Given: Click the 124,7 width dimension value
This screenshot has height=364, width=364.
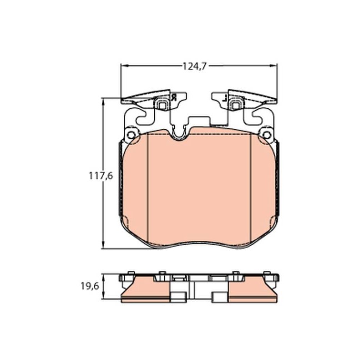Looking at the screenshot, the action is click(x=194, y=66).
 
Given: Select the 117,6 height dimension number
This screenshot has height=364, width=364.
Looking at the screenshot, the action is click(x=101, y=176).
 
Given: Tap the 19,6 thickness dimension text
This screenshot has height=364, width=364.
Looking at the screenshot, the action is click(x=90, y=286).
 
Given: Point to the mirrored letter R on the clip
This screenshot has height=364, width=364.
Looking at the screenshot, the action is click(x=174, y=97).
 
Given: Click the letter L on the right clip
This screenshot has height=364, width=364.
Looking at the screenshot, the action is click(x=224, y=98).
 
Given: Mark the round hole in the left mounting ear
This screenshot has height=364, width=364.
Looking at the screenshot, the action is click(x=131, y=135).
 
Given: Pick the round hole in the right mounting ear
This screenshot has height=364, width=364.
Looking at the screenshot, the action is click(x=267, y=135).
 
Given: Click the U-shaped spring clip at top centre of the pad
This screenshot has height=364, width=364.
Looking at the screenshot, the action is click(x=179, y=135).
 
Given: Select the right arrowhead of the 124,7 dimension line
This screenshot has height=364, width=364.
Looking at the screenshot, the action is click(x=274, y=66).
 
